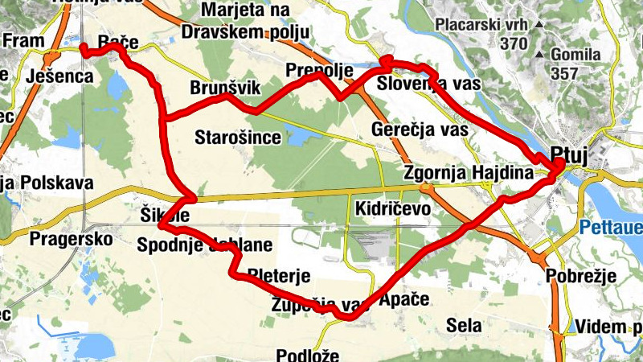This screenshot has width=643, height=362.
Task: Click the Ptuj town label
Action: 570,154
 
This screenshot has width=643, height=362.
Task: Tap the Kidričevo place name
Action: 392,208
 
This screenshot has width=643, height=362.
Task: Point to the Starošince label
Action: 238,138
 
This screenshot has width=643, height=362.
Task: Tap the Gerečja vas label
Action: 420,129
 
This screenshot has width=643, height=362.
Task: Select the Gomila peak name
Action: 576,55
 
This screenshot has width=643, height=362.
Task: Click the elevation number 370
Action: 514,43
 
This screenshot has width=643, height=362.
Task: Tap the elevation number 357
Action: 567,72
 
